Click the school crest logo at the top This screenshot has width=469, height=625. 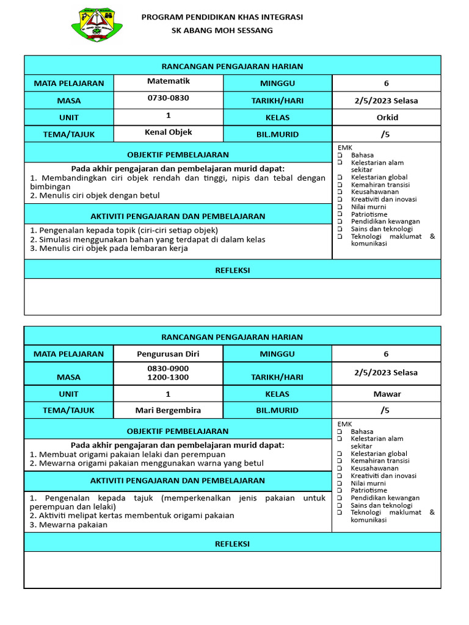pos(96,25)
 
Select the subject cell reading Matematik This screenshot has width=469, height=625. pos(169,81)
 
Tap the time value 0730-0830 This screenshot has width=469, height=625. pos(169,98)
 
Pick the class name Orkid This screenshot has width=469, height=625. pos(386,117)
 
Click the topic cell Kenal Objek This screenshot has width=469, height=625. pos(169,132)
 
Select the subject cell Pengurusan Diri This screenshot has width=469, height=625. pos(169,353)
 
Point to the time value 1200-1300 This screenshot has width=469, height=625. pos(169,377)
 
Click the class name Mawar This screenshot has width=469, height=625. pos(386,394)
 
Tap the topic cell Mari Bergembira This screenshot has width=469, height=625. pos(169,410)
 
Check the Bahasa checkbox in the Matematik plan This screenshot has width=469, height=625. pos(340,156)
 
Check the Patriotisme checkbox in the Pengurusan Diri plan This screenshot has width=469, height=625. pos(340,491)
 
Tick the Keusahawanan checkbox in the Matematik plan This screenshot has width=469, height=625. pos(340,192)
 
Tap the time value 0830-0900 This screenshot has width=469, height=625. pos(169,369)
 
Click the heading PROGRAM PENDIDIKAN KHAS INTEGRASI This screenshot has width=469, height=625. pos(222,17)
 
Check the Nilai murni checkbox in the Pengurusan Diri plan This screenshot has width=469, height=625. pos(340,483)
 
